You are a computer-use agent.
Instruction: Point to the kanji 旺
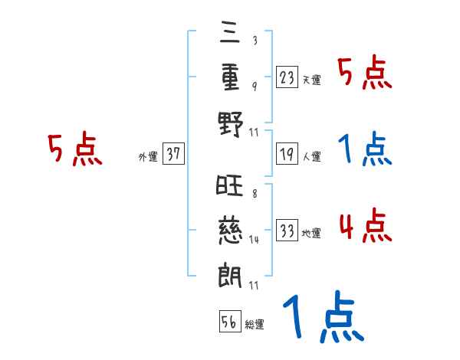click(x=229, y=185)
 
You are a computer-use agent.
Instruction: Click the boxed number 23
click(x=287, y=77)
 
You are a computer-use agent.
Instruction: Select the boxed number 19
click(x=287, y=154)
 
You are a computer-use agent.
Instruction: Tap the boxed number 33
click(x=287, y=230)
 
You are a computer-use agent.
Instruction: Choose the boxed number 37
click(x=173, y=154)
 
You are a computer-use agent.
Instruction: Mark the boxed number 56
click(x=228, y=322)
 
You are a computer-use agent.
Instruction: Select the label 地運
click(x=311, y=233)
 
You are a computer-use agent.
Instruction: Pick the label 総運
click(x=254, y=325)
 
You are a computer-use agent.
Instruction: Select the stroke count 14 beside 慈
click(x=254, y=239)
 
